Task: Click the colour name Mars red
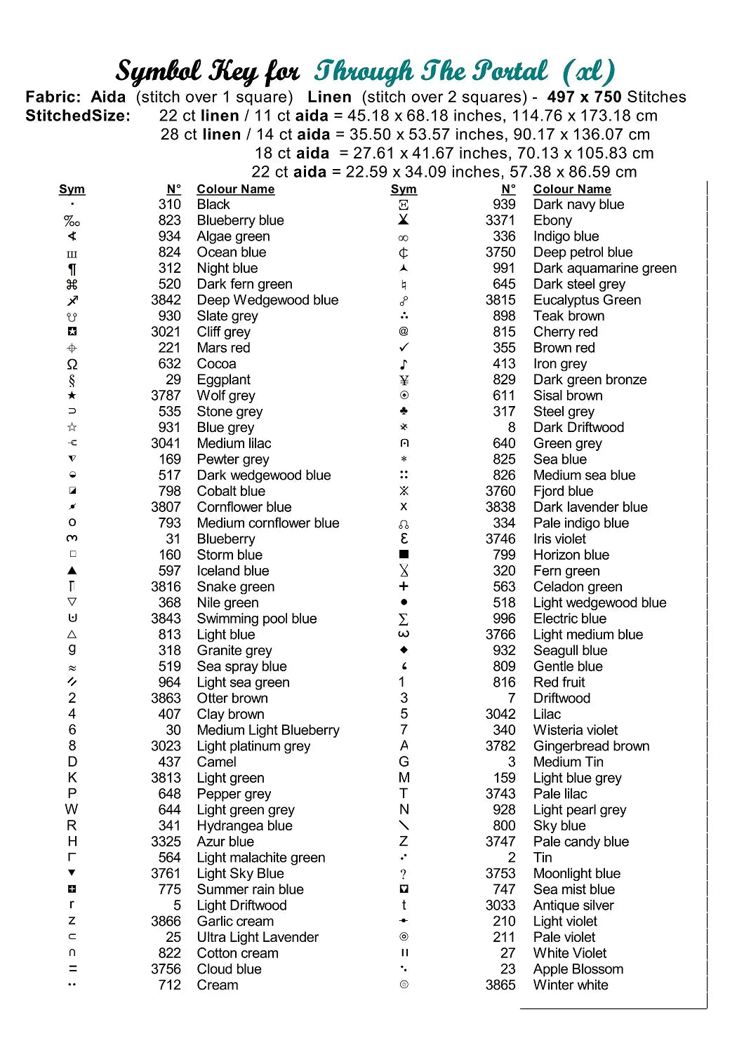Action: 223,348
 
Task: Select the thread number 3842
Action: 166,300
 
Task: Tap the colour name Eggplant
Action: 223,379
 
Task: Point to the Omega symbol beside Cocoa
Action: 72,364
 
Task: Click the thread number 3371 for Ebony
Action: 500,220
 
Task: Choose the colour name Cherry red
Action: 565,332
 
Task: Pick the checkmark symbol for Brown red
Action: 404,348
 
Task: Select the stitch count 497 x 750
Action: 584,97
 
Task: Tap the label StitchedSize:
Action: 78,116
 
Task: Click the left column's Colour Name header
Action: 235,189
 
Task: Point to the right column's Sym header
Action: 404,189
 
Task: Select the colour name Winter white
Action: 571,985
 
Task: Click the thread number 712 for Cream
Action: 169,985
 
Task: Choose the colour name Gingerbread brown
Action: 591,746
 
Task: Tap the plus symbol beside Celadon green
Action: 404,586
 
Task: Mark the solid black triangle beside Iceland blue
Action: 72,571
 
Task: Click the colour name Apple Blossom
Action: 578,969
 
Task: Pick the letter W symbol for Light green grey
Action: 72,809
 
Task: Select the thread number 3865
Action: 500,985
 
